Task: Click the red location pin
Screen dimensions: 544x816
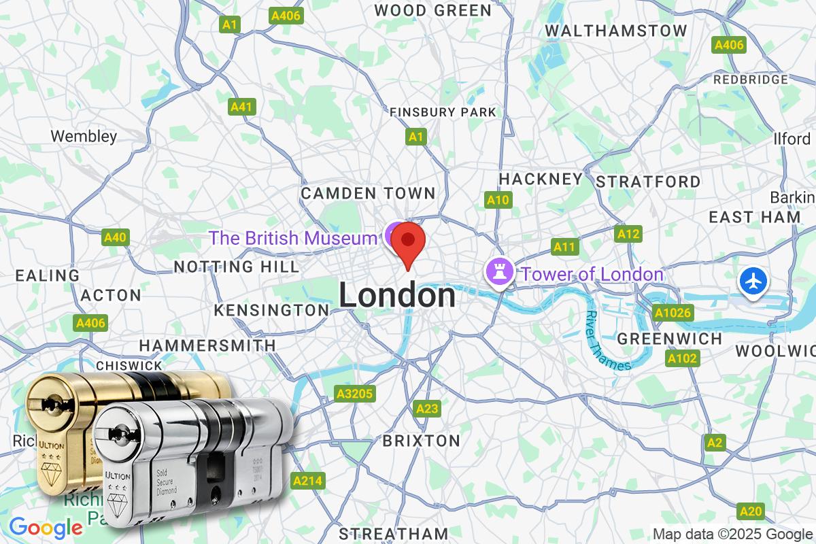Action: click(x=408, y=241)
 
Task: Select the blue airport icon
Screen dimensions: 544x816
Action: click(x=754, y=281)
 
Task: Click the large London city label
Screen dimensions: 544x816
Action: click(x=397, y=296)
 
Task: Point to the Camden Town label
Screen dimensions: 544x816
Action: click(x=368, y=193)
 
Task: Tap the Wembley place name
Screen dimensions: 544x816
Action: click(x=84, y=136)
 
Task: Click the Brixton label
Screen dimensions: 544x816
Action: click(x=421, y=441)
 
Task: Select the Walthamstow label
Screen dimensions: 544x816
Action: click(x=616, y=31)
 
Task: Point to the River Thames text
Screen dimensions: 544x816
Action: click(x=608, y=340)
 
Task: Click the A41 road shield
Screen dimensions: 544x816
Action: click(x=241, y=107)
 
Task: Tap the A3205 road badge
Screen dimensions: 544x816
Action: click(x=355, y=394)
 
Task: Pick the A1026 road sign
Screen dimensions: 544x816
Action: click(x=673, y=313)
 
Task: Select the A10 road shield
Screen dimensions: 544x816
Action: click(x=498, y=200)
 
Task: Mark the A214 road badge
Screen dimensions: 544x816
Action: click(x=307, y=481)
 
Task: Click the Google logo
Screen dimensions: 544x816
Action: click(x=46, y=527)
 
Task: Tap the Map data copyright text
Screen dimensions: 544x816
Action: click(x=733, y=534)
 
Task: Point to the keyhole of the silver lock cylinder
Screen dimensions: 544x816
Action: click(x=117, y=433)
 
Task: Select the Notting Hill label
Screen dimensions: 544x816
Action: click(x=236, y=265)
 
